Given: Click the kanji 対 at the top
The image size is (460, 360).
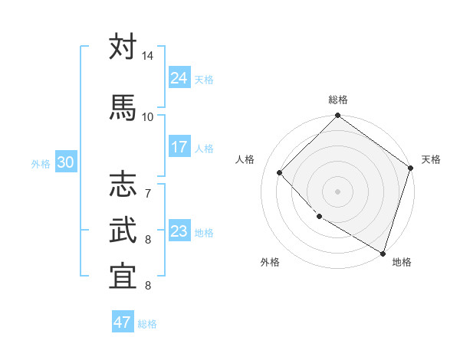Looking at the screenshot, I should pyautogui.click(x=123, y=47).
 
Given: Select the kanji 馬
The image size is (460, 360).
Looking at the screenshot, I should pyautogui.click(x=123, y=106).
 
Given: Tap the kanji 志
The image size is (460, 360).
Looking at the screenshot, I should pyautogui.click(x=123, y=184).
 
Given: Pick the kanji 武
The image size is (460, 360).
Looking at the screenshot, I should pyautogui.click(x=123, y=230).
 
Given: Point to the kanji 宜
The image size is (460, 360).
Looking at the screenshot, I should pyautogui.click(x=123, y=277).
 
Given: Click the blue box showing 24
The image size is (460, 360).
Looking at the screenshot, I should pyautogui.click(x=179, y=77).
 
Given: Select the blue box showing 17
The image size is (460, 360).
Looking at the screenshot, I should pyautogui.click(x=179, y=147).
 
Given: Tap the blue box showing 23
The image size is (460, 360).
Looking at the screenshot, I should pyautogui.click(x=179, y=231).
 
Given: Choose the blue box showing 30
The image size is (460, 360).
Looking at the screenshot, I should pyautogui.click(x=65, y=162).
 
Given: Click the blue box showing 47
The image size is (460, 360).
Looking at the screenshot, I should pyautogui.click(x=123, y=322).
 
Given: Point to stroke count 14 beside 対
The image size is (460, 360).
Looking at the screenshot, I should pyautogui.click(x=147, y=57).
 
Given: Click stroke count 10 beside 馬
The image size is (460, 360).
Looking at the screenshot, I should pyautogui.click(x=147, y=116).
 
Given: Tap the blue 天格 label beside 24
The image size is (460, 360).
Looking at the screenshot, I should pyautogui.click(x=204, y=80).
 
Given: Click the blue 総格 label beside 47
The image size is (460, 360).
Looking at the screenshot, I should pyautogui.click(x=147, y=325).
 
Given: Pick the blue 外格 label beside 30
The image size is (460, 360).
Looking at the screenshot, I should pyautogui.click(x=41, y=164).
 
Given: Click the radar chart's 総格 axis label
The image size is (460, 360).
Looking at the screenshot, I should pyautogui.click(x=338, y=100).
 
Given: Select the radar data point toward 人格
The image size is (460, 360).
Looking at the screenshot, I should pyautogui.click(x=280, y=173).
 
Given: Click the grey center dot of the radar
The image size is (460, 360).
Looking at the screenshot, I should pyautogui.click(x=338, y=191).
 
